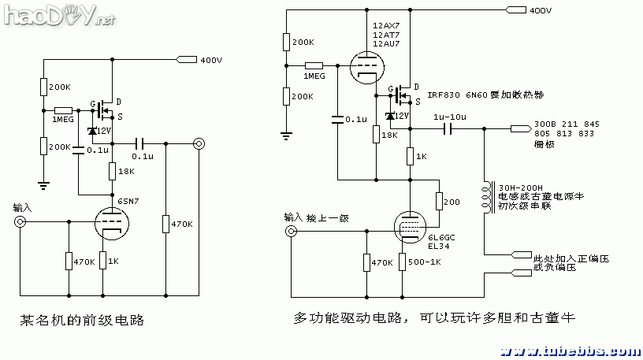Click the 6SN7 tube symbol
click(113, 223)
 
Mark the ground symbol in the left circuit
click(43, 185)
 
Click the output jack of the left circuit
click(199, 144)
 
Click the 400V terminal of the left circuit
click(188, 59)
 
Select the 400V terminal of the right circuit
click(517, 10)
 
